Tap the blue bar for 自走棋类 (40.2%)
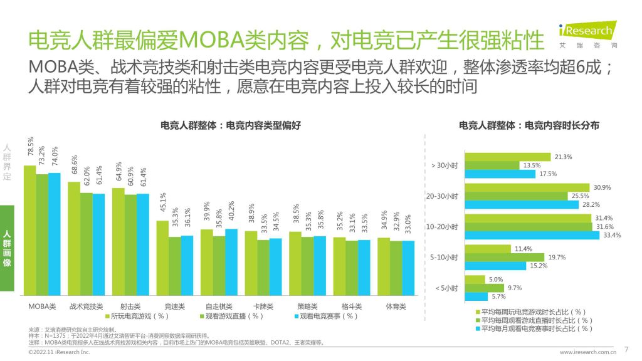click(231, 262)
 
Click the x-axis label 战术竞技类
click(86, 306)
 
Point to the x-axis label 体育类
click(396, 306)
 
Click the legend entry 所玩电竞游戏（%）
click(137, 317)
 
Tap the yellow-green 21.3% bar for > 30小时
click(507, 157)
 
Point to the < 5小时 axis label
click(446, 288)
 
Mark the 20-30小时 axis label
click(442, 196)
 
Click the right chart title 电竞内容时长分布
click(529, 125)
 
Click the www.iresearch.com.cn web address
click(587, 352)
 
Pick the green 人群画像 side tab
click(7, 248)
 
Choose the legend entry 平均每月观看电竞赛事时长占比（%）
click(533, 328)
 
